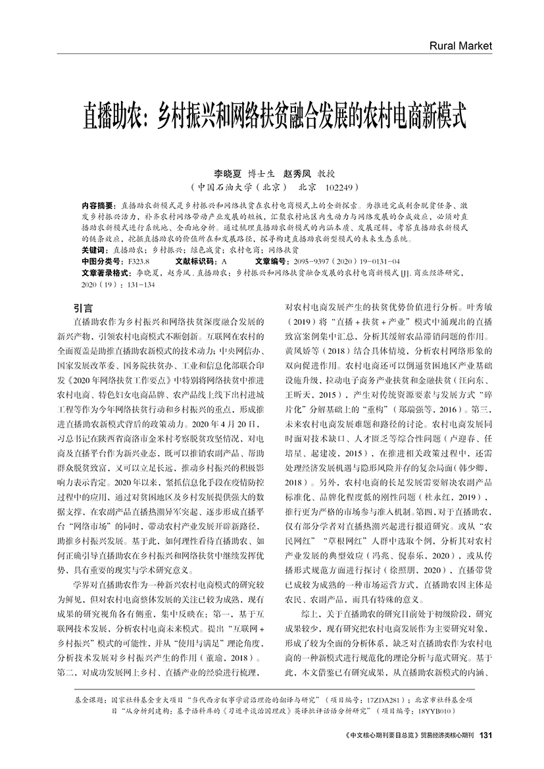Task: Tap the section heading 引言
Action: [83, 307]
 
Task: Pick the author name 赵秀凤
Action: [298, 174]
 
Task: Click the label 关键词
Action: [93, 251]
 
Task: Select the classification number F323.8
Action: [139, 260]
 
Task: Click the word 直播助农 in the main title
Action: [112, 118]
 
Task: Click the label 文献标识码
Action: [193, 260]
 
